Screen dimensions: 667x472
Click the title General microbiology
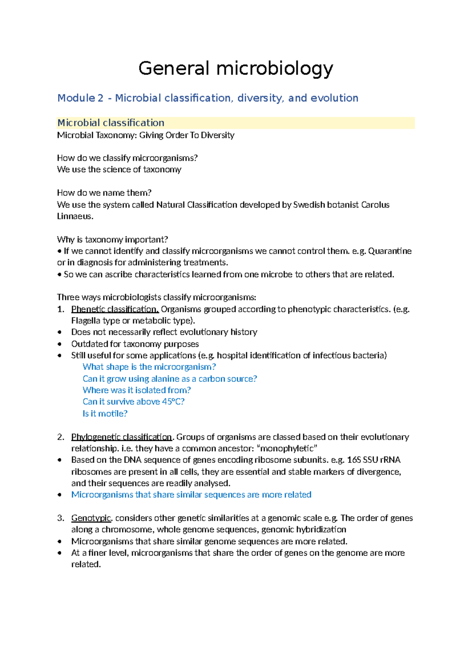click(x=236, y=68)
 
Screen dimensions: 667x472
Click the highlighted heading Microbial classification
click(x=111, y=123)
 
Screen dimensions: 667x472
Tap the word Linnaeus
click(x=75, y=216)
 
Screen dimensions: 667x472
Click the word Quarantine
click(x=390, y=251)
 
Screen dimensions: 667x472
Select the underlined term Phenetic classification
click(x=115, y=309)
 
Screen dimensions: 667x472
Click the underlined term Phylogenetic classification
click(x=122, y=437)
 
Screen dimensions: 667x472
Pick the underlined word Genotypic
click(x=92, y=518)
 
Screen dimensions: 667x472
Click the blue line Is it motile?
click(x=105, y=413)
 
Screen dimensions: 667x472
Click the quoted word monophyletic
click(x=288, y=448)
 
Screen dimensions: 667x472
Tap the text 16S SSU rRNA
click(x=374, y=460)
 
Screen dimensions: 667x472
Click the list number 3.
click(x=60, y=518)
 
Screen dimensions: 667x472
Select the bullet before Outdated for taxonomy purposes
click(x=60, y=344)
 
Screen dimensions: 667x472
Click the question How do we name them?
click(x=104, y=193)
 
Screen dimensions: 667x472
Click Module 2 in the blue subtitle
click(x=80, y=98)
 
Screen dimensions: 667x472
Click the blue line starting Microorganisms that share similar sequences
click(x=191, y=494)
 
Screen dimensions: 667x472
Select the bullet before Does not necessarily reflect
click(x=60, y=332)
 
